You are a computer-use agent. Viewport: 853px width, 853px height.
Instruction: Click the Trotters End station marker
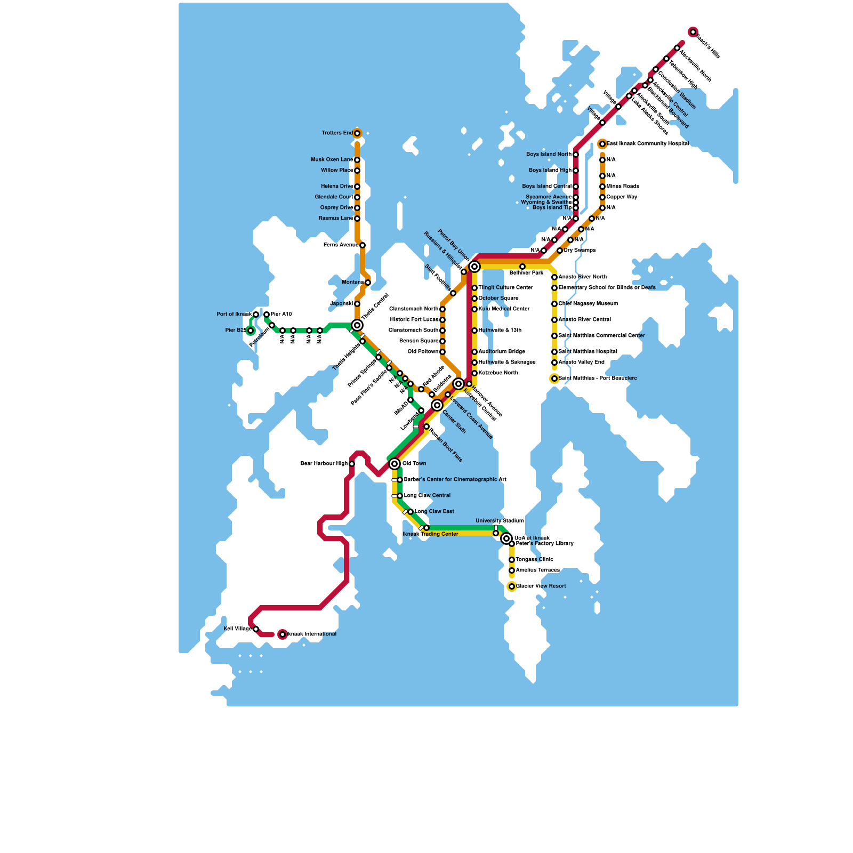[x=357, y=133]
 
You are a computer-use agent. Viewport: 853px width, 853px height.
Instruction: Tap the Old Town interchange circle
[x=395, y=464]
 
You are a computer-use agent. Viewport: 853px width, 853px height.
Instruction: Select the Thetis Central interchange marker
[x=357, y=325]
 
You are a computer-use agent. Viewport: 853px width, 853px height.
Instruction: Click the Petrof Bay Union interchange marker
[x=474, y=267]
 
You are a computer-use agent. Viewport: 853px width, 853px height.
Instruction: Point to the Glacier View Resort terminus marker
[x=512, y=586]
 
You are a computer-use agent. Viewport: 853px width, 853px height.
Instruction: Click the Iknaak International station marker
[x=283, y=634]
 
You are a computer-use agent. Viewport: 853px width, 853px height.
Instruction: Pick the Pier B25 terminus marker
[x=251, y=331]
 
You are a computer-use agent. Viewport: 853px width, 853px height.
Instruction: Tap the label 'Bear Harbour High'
[x=324, y=464]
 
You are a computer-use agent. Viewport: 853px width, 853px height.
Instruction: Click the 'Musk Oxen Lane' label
[x=332, y=160]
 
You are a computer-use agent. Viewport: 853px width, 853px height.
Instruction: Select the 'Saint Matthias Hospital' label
[x=588, y=352]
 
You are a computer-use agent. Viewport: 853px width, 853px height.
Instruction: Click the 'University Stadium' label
[x=500, y=521]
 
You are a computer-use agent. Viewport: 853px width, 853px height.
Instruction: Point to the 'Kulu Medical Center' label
[x=504, y=309]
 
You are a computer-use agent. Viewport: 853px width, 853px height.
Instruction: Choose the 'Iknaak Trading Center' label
[x=430, y=534]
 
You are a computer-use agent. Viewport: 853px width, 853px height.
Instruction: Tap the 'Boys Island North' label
[x=549, y=155]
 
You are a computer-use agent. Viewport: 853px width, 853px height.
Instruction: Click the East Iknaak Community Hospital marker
[x=602, y=144]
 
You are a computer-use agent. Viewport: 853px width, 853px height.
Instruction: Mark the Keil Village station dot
[x=256, y=629]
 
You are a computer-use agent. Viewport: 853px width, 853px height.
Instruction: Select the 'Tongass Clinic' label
[x=534, y=560]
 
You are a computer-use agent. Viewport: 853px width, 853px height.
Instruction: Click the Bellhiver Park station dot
[x=522, y=267]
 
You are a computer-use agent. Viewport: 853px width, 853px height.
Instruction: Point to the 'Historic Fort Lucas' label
[x=414, y=320]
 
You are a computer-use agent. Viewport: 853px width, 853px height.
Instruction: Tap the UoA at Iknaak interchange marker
[x=506, y=538]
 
